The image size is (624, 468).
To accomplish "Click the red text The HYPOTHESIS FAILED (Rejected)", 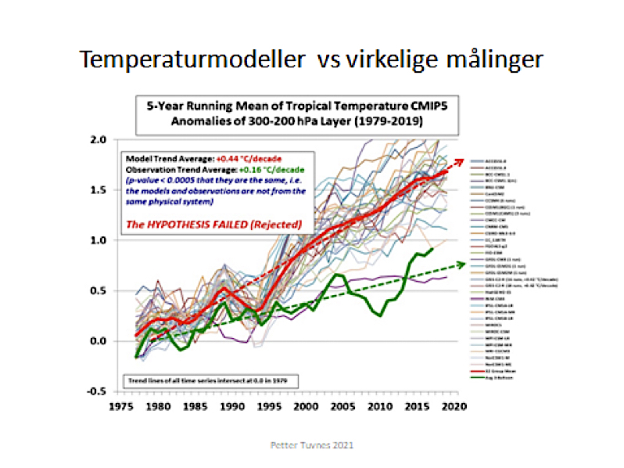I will coord(213,224).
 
